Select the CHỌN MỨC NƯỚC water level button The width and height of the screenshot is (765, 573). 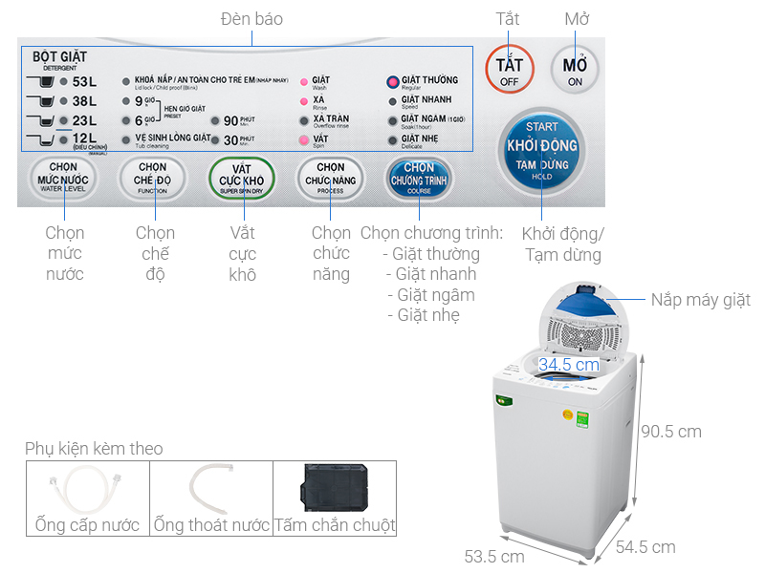click(63, 178)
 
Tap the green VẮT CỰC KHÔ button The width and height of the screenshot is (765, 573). click(241, 178)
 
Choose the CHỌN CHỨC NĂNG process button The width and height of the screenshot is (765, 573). click(330, 178)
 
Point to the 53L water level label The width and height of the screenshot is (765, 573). click(84, 81)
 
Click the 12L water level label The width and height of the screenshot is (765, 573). click(84, 139)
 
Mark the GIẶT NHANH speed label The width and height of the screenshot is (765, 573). click(426, 100)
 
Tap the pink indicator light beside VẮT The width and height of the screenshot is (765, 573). click(304, 140)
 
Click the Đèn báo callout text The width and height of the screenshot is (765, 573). click(251, 19)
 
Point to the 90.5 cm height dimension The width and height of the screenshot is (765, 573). click(670, 432)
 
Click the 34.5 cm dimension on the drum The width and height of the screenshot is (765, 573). click(568, 365)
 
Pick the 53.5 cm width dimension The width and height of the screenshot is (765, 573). click(493, 556)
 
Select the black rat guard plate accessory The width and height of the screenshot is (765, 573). click(335, 487)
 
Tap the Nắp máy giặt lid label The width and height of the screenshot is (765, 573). click(701, 300)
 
